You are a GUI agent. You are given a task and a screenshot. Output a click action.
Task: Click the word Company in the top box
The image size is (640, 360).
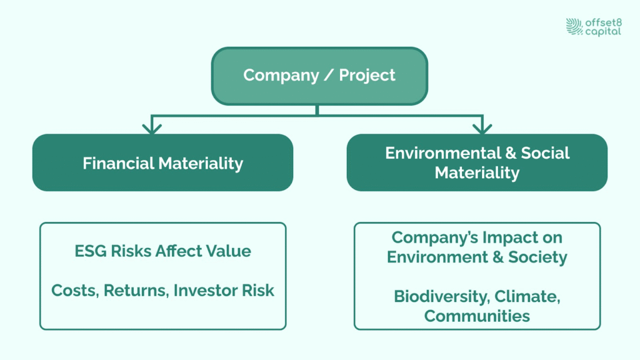(281, 76)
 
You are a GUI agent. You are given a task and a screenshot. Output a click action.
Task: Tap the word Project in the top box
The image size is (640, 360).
(367, 76)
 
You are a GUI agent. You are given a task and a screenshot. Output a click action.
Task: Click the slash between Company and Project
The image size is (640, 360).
(329, 75)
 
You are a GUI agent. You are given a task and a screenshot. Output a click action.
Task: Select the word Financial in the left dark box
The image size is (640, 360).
(118, 163)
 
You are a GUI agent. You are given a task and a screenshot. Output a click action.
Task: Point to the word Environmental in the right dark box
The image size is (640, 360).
(443, 153)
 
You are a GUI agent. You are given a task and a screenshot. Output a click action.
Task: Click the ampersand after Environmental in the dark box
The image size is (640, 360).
(511, 153)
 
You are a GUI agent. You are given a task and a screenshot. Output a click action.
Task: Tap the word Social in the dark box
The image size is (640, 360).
(545, 153)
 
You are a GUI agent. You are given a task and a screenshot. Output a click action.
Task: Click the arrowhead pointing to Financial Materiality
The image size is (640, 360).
(152, 129)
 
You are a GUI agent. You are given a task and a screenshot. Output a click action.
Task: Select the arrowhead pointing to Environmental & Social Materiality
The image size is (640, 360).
(482, 129)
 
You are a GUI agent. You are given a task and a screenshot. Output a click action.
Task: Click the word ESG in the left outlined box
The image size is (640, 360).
(91, 251)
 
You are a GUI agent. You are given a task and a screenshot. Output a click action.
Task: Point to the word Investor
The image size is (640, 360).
(205, 291)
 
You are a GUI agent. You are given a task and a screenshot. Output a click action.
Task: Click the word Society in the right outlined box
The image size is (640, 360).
(537, 257)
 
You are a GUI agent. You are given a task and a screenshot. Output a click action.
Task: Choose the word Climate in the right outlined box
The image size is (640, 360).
(527, 297)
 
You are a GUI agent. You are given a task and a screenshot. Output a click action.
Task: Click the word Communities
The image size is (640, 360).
(477, 316)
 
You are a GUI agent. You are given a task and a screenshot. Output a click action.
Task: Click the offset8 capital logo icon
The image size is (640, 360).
(574, 26)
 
